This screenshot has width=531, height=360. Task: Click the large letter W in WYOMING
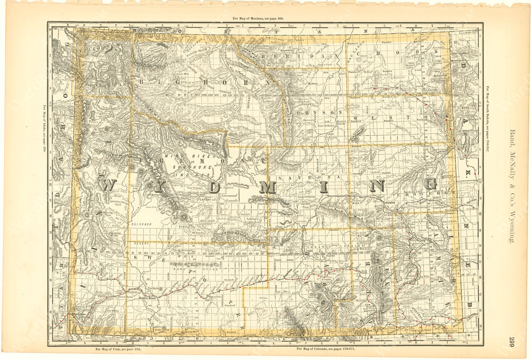tap(109, 185)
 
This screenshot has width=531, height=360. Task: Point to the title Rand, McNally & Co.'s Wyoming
tap(512, 187)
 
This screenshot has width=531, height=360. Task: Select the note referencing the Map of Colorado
tap(332, 349)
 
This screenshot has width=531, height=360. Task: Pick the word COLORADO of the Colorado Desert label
tap(141, 224)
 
